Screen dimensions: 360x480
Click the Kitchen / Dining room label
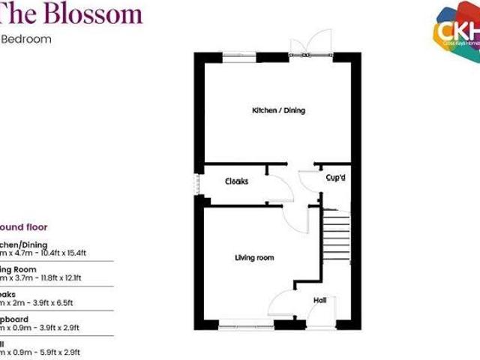click(x=278, y=110)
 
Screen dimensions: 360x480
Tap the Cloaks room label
click(x=236, y=181)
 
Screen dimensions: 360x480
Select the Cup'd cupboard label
click(x=335, y=178)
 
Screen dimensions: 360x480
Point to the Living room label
click(x=254, y=258)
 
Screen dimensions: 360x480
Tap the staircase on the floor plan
click(x=337, y=232)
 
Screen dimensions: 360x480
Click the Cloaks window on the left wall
click(x=197, y=184)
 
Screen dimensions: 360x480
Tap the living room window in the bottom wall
click(x=246, y=325)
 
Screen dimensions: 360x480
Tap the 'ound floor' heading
click(x=24, y=226)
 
